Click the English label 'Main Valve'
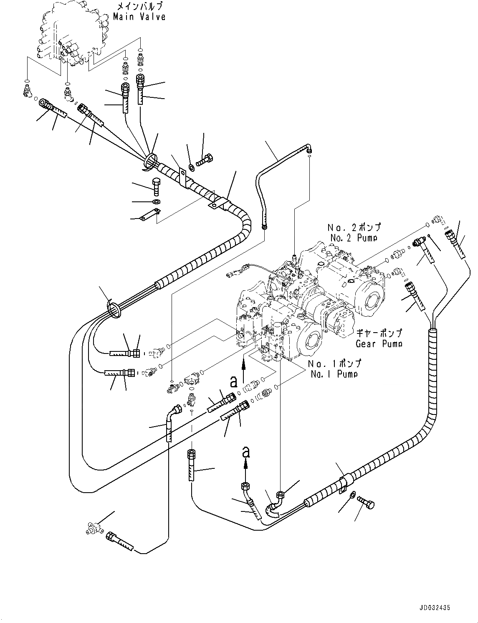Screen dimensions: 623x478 [x=139, y=17]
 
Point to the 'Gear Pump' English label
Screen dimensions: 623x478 [x=379, y=343]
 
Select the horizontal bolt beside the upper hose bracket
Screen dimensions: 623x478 [x=205, y=160]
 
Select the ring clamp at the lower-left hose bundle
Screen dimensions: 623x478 [x=114, y=310]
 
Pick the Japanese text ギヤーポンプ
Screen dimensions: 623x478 [x=379, y=333]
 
